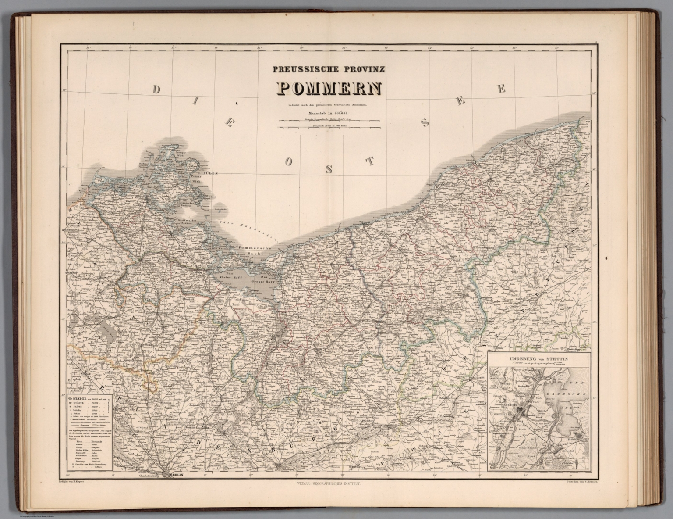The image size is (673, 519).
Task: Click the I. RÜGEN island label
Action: click(208, 173)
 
